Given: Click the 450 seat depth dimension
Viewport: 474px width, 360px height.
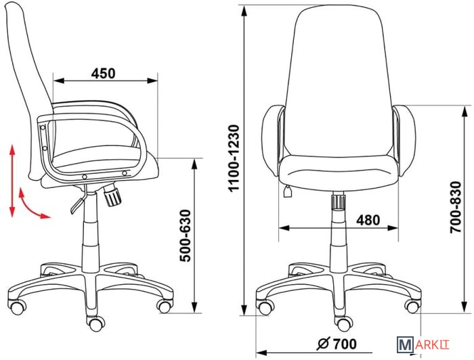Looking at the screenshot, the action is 104,74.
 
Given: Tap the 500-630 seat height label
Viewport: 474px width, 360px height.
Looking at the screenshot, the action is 186,235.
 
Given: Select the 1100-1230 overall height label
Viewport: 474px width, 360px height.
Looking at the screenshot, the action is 234,158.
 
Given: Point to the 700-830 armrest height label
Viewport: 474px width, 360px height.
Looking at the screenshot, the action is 456,207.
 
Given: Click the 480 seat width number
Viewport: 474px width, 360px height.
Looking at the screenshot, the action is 368,220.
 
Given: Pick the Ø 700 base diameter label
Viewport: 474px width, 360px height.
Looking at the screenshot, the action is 337,344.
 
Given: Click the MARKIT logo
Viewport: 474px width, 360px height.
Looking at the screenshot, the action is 423,344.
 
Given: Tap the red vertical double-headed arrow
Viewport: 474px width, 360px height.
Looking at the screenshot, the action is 12,181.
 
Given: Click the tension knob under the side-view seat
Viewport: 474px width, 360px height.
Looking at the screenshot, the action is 112,196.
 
